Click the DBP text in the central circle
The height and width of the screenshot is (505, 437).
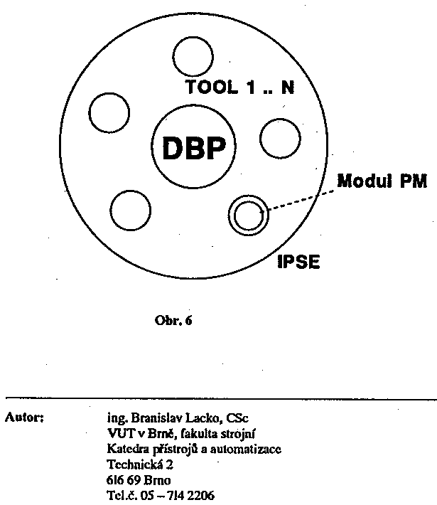pyautogui.click(x=193, y=149)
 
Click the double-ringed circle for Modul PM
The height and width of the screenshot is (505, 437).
pyautogui.click(x=249, y=214)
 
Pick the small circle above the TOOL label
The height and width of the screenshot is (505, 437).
pyautogui.click(x=193, y=55)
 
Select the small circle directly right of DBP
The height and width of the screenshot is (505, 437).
pyautogui.click(x=279, y=139)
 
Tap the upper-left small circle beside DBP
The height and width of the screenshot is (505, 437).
pyautogui.click(x=111, y=112)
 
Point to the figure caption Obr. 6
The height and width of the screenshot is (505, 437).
pyautogui.click(x=173, y=320)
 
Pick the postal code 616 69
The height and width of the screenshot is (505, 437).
pyautogui.click(x=122, y=480)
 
